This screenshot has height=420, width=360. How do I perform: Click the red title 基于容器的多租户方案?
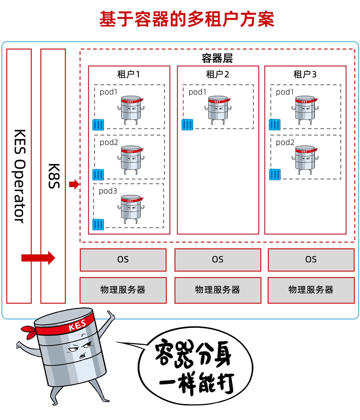[187, 19]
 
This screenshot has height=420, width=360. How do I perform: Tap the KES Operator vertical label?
[19, 176]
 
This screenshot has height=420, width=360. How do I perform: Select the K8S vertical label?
[53, 176]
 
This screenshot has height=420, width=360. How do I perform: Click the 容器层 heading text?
[217, 58]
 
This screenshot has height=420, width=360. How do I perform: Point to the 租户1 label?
[129, 74]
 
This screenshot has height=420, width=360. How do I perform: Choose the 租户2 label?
[217, 74]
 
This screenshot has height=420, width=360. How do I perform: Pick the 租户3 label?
[305, 74]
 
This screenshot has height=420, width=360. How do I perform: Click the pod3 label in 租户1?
[108, 191]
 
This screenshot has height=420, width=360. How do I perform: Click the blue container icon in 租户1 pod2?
[98, 175]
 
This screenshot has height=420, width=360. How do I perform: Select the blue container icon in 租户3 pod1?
[275, 124]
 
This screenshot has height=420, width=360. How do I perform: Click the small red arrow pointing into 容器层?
[74, 184]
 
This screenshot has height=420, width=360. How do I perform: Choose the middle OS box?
[218, 260]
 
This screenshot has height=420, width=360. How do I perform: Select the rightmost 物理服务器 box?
[311, 290]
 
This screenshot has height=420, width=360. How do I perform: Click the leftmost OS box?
[123, 260]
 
